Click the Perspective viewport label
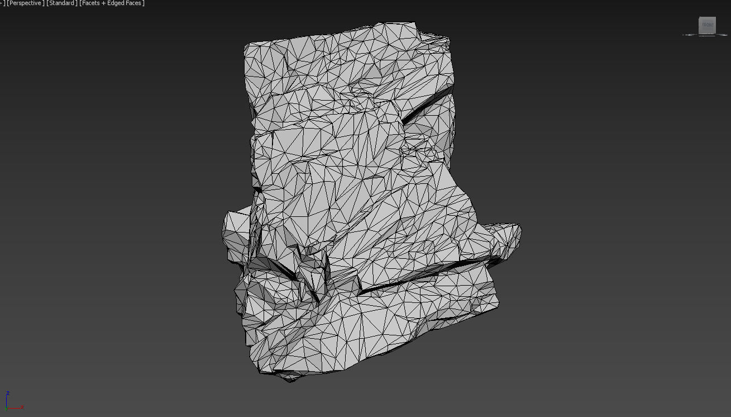click(25, 3)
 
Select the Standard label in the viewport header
click(61, 3)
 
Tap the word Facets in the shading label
click(90, 3)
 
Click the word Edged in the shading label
click(116, 3)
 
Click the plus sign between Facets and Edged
click(103, 3)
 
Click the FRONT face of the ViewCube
click(708, 25)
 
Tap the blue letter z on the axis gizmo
click(7, 393)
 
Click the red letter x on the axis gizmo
click(22, 407)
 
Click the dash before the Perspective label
click(1, 3)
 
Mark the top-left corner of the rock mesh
click(246, 45)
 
